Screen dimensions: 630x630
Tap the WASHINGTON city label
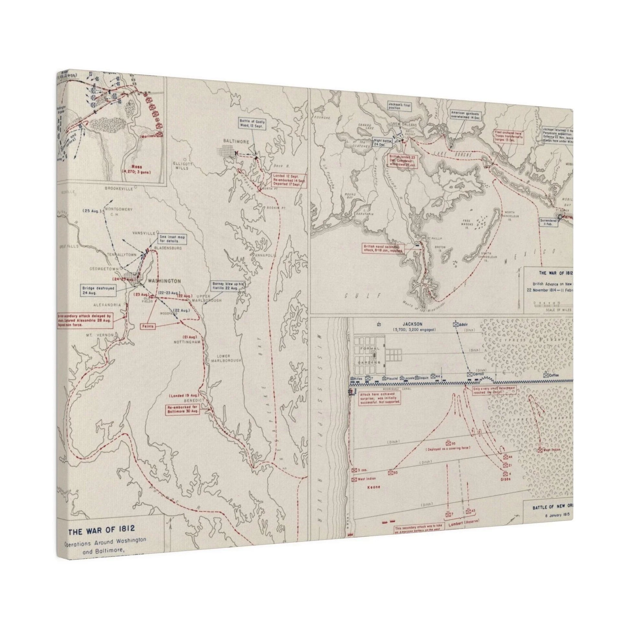164,281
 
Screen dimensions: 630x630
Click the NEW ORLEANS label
402,126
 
